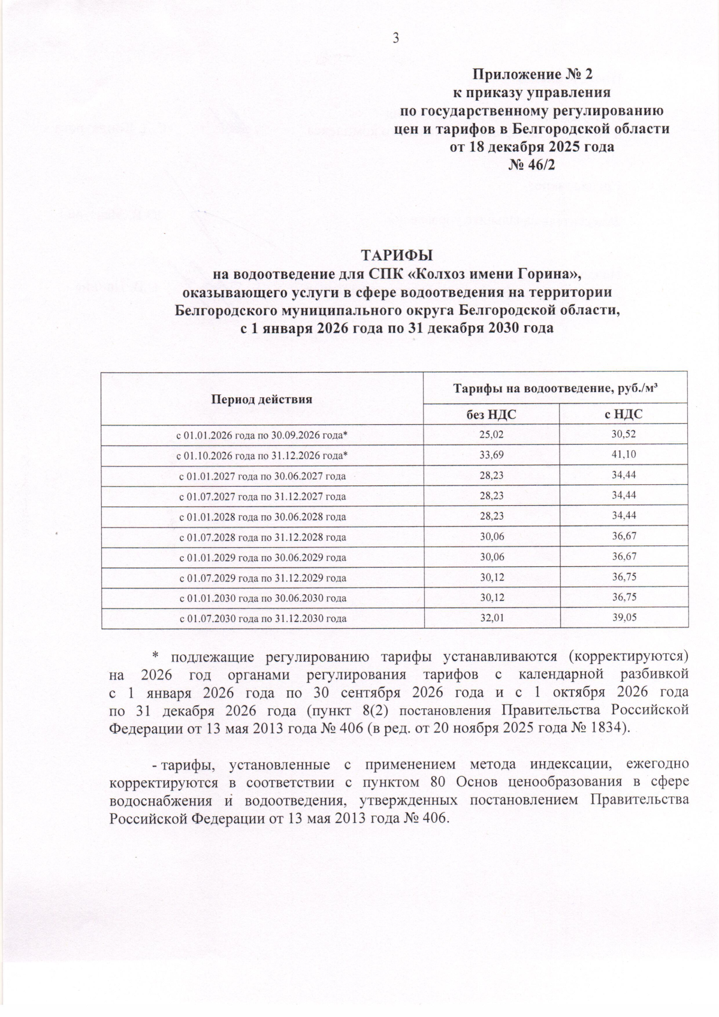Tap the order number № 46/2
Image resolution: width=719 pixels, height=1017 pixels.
(x=532, y=164)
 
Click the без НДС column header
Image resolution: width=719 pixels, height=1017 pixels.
(x=491, y=414)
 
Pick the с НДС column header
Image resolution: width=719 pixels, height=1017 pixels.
(x=624, y=414)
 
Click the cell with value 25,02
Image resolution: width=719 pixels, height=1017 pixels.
(x=491, y=434)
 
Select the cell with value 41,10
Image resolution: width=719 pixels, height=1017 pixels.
(x=624, y=455)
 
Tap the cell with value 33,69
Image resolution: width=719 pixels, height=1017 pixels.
(x=491, y=455)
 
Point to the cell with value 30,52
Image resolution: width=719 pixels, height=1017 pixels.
(x=624, y=434)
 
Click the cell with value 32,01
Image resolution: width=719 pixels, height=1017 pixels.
(x=491, y=618)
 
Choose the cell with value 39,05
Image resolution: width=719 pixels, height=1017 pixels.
(x=624, y=618)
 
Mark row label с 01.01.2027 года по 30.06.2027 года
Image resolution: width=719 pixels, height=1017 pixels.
(x=263, y=475)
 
